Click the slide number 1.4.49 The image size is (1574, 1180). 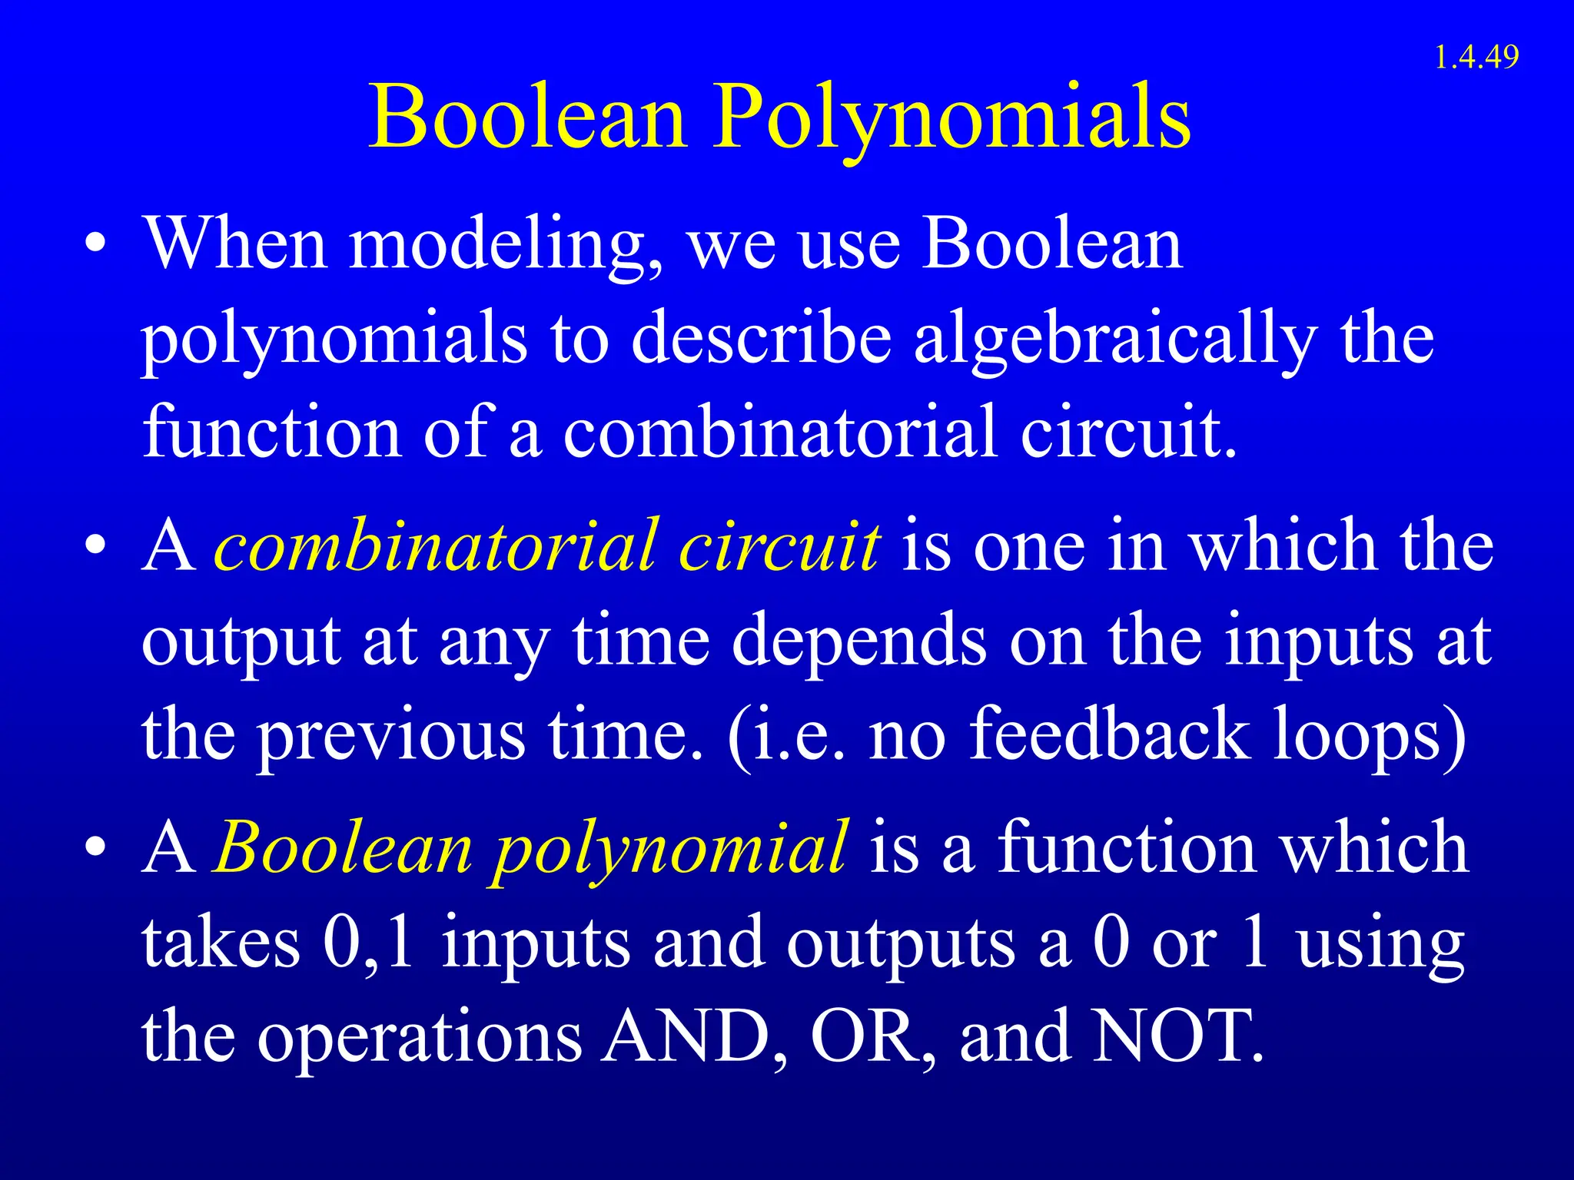(x=1476, y=58)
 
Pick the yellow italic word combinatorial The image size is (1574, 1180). (x=436, y=547)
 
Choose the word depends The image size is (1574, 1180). (x=858, y=642)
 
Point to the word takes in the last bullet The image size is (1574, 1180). (x=221, y=943)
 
